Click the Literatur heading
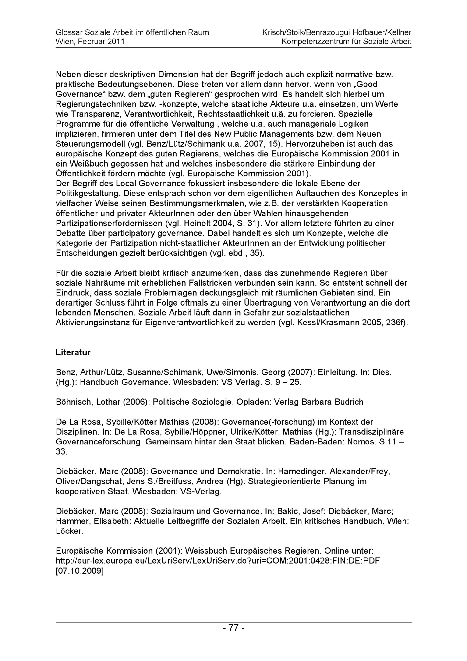tap(73, 352)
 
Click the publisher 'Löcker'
tap(70, 531)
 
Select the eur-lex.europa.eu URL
tap(218, 561)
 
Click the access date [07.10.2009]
tap(80, 571)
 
